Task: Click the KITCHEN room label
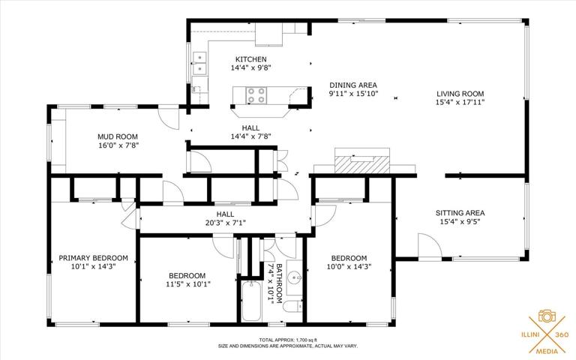coord(251,59)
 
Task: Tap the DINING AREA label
coord(353,85)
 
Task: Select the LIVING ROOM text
coord(460,94)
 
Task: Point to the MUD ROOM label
coord(118,137)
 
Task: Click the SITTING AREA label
coord(460,213)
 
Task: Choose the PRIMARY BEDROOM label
coord(93,258)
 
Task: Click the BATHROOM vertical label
coord(279,283)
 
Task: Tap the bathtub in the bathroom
coord(252,301)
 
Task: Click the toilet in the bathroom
coord(293,306)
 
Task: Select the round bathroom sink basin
coord(295,277)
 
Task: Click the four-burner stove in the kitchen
coord(256,95)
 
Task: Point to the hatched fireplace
coord(361,164)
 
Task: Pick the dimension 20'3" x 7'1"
coord(225,223)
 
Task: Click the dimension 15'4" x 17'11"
coord(460,102)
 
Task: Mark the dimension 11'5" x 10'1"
coord(187,284)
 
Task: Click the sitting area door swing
coord(430,246)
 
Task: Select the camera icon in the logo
coord(547,316)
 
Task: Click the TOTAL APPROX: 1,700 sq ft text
coord(288,340)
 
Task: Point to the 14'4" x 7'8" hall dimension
coord(251,136)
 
